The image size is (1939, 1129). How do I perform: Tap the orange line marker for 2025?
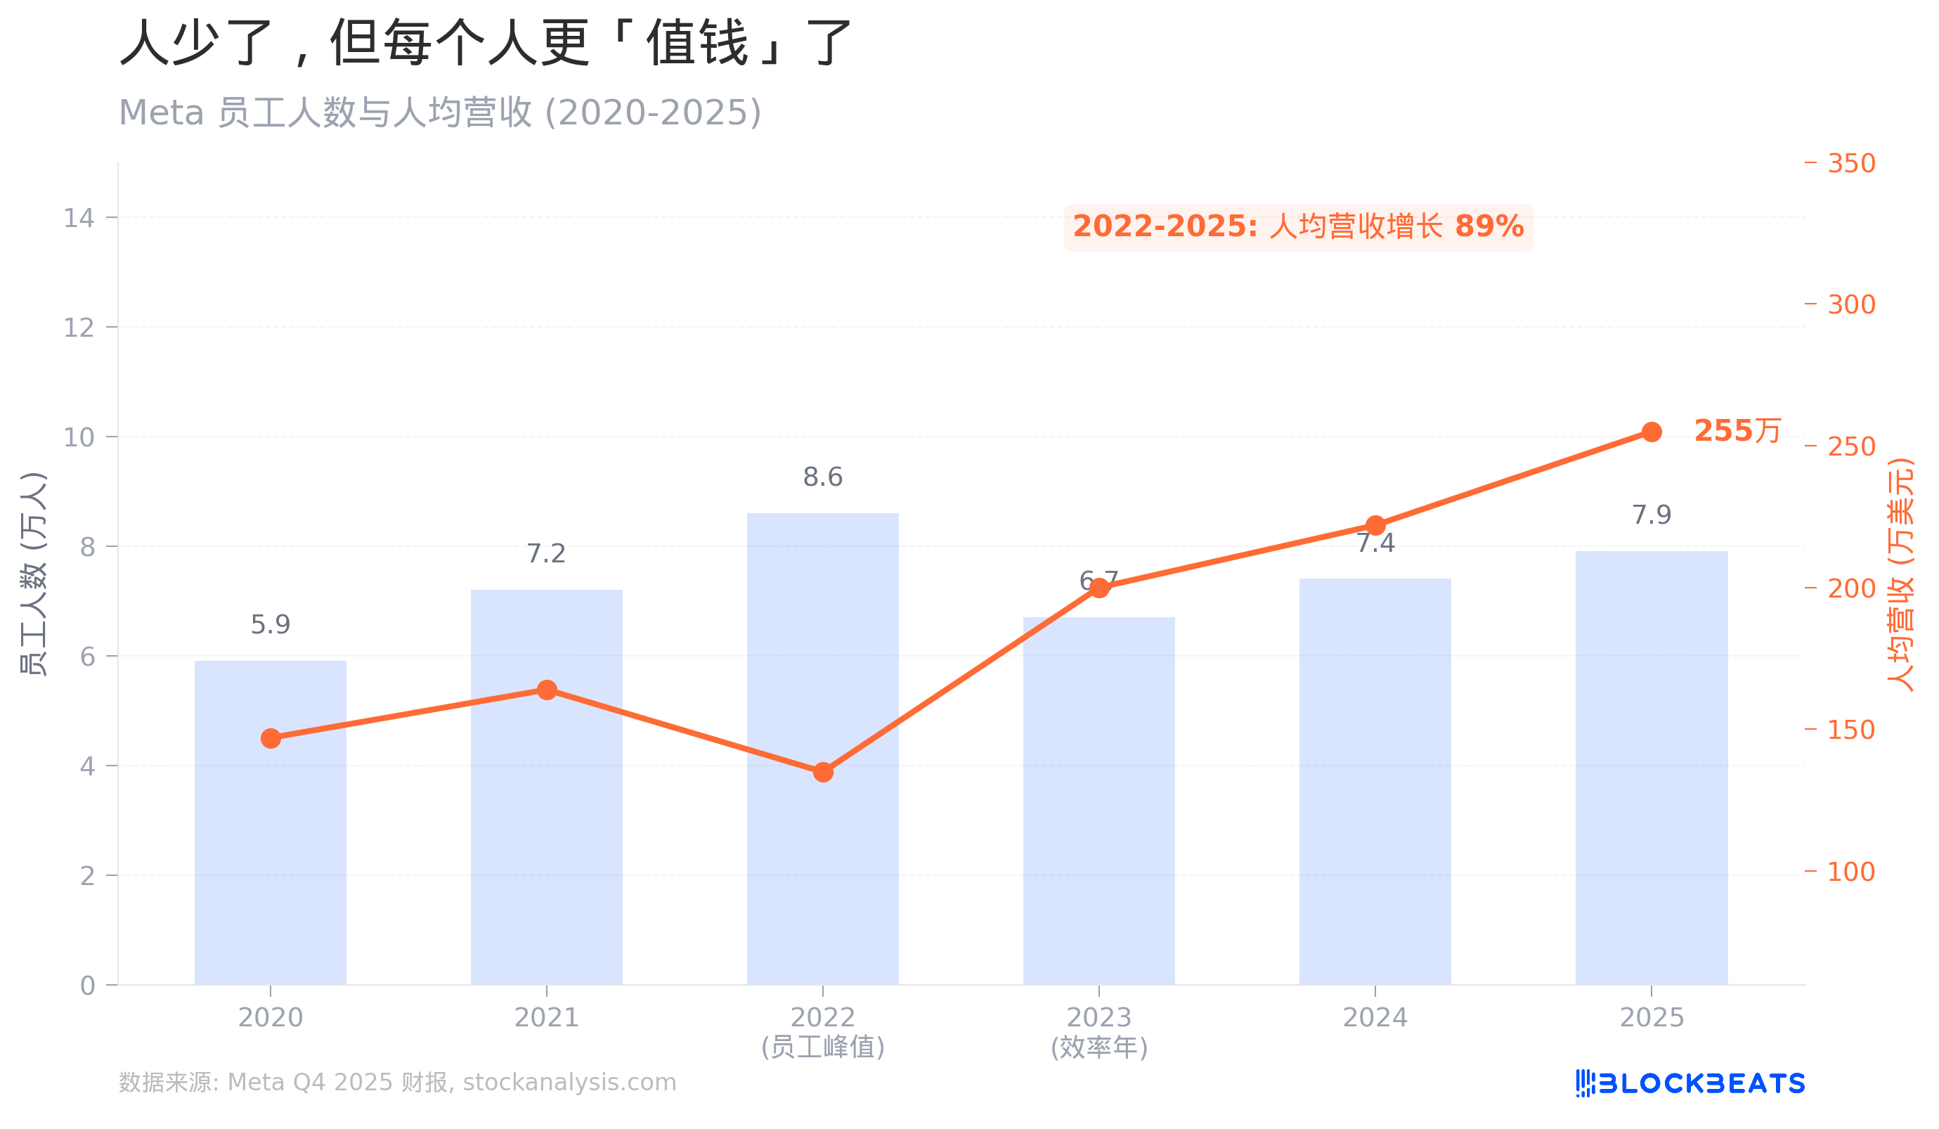tap(1652, 432)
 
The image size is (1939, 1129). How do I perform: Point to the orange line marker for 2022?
tap(822, 772)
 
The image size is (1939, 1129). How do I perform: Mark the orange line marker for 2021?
tap(546, 690)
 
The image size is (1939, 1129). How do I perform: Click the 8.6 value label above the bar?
tap(822, 478)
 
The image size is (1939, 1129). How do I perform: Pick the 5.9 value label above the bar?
tap(270, 625)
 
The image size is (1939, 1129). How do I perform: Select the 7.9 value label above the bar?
tap(1652, 515)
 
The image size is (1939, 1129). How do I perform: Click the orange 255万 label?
tap(1737, 431)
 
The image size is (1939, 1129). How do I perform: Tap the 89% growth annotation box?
tap(1298, 227)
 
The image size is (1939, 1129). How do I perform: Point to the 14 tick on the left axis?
tap(79, 219)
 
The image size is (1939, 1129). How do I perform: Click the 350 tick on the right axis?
tap(1851, 163)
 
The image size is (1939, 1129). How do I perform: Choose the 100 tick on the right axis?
tap(1851, 872)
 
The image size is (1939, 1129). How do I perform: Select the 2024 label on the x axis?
tap(1375, 1018)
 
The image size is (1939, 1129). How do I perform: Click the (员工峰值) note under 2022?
tap(822, 1047)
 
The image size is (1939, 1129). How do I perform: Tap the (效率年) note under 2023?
tap(1098, 1047)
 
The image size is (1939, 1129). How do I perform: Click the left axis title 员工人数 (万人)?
tap(34, 574)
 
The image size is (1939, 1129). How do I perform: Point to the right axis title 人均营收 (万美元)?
tap(1900, 574)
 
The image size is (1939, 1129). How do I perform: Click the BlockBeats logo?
tap(1690, 1083)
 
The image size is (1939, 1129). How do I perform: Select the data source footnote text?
tap(397, 1083)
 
